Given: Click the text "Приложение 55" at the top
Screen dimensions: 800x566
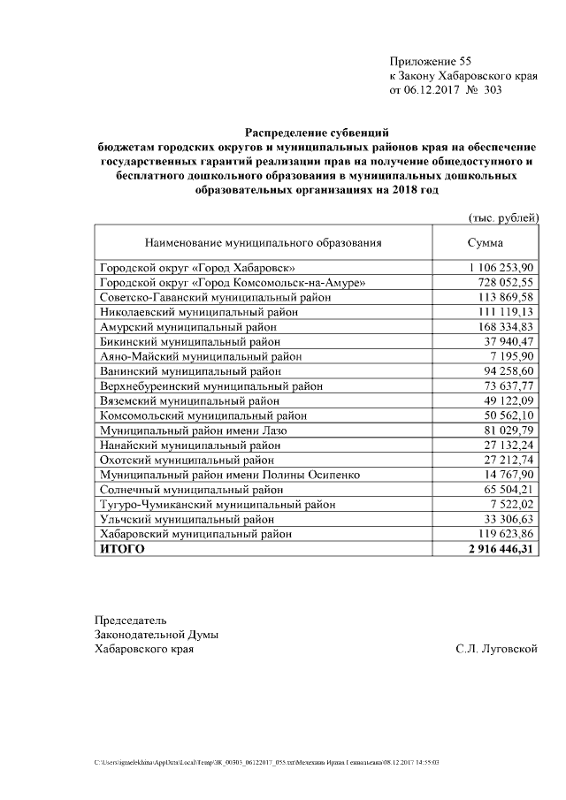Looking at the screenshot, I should pyautogui.click(x=431, y=61).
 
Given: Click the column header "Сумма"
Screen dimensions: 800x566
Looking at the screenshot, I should pyautogui.click(x=485, y=241).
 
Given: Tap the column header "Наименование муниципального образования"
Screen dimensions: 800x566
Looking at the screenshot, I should pyautogui.click(x=263, y=241).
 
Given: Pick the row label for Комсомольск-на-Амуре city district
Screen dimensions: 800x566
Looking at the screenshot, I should pyautogui.click(x=233, y=282).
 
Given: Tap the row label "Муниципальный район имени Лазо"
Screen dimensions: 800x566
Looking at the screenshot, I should pyautogui.click(x=194, y=430).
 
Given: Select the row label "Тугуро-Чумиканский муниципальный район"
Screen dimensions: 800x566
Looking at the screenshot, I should pyautogui.click(x=218, y=504).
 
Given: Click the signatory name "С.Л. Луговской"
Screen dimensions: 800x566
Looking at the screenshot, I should pyautogui.click(x=497, y=649).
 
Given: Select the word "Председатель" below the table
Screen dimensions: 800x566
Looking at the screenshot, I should pyautogui.click(x=131, y=620).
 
